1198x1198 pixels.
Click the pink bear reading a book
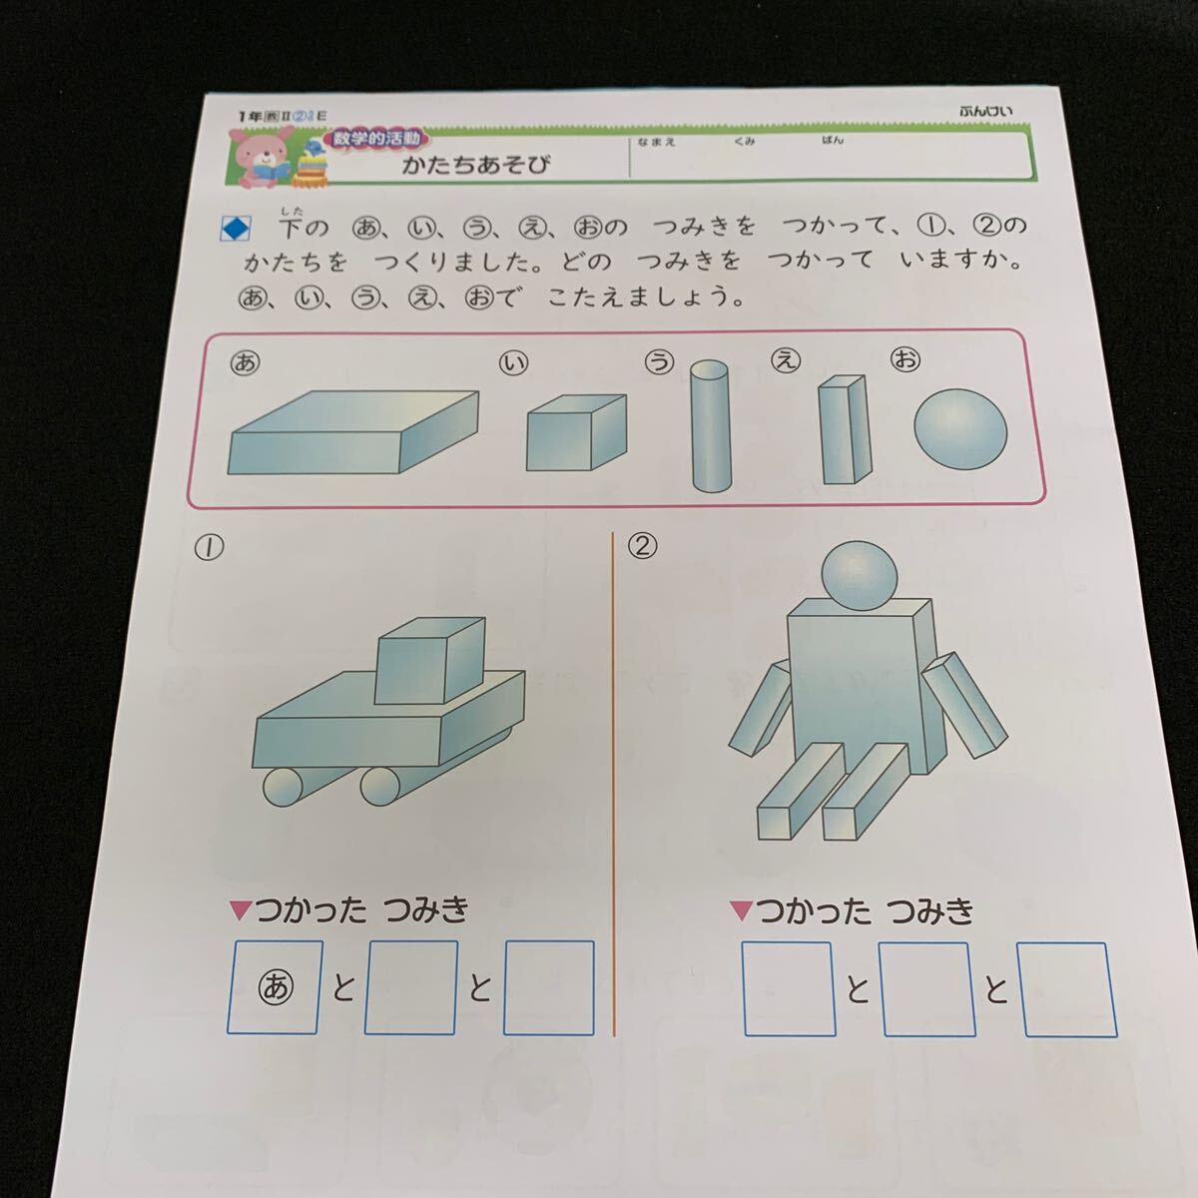pyautogui.click(x=263, y=159)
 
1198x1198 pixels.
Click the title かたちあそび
pyautogui.click(x=476, y=165)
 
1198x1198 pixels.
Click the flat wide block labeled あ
pyautogui.click(x=352, y=433)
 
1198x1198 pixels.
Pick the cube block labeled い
pyautogui.click(x=576, y=432)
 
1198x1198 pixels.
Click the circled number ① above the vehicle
pyautogui.click(x=211, y=546)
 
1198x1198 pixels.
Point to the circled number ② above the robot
pyautogui.click(x=643, y=546)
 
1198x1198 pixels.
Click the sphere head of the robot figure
pyautogui.click(x=860, y=576)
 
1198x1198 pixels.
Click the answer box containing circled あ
pyautogui.click(x=277, y=986)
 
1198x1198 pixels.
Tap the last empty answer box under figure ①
pyautogui.click(x=548, y=986)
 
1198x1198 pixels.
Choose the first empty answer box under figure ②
pyautogui.click(x=789, y=988)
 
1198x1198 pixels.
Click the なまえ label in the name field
pyautogui.click(x=656, y=142)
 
